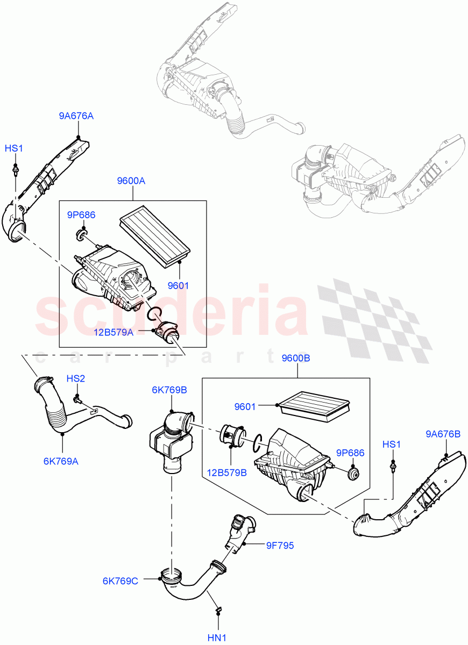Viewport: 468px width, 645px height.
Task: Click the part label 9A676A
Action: coord(76,116)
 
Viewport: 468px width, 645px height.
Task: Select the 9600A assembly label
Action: coord(131,182)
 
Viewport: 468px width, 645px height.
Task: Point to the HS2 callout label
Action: coord(76,378)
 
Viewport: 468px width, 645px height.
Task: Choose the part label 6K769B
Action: coord(169,390)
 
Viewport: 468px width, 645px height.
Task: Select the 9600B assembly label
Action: coord(296,358)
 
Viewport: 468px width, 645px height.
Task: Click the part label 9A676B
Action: coord(443,434)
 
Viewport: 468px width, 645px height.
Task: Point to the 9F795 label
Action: coord(280,546)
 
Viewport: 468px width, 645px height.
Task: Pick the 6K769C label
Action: coord(120,580)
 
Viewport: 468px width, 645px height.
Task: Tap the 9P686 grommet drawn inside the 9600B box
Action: coord(353,475)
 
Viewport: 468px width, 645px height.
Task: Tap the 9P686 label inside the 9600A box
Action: coord(81,215)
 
